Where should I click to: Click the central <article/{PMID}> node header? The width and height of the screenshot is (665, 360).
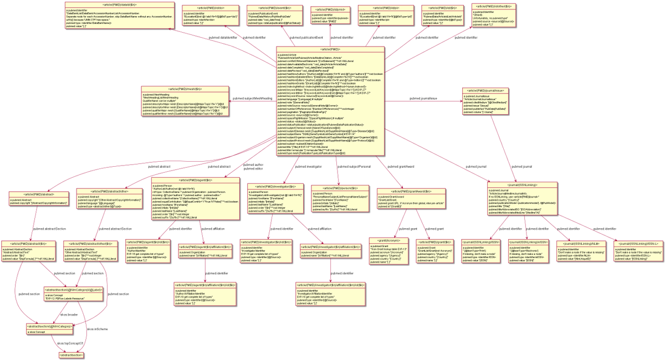pos(331,49)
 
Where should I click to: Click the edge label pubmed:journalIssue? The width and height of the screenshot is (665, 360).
pos(423,98)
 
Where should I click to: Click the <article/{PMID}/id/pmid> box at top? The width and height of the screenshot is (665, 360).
pos(330,17)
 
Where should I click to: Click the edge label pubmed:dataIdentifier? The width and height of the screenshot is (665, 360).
pos(223,37)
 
